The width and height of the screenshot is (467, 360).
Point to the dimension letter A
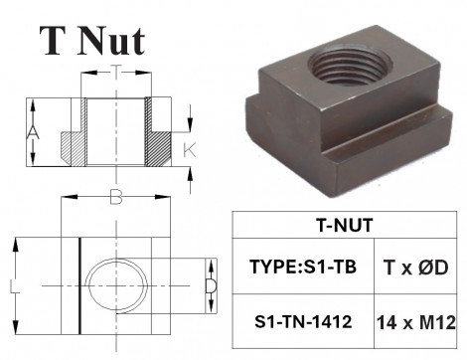[x=33, y=132]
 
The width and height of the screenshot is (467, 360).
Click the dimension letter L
[x=10, y=288]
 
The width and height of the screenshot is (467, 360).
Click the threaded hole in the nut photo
[x=357, y=72]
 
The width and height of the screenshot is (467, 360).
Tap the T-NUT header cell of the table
[x=338, y=225]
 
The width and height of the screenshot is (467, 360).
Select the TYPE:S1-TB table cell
[x=302, y=267]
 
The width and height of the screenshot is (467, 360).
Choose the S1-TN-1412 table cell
[x=302, y=323]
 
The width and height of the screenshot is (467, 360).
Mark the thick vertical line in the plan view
[x=78, y=288]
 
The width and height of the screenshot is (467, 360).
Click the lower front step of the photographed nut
[x=388, y=149]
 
